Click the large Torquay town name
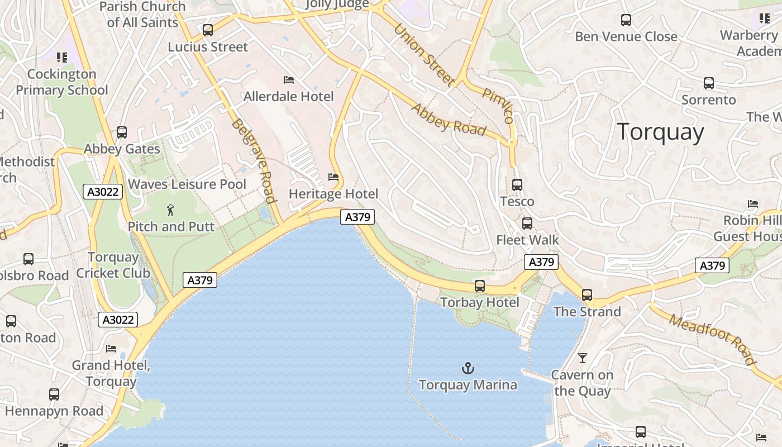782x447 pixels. pos(660,132)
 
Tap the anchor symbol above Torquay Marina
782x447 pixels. pos(468,368)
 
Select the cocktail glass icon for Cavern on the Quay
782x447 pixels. pos(583,358)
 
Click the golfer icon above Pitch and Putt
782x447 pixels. pos(171,211)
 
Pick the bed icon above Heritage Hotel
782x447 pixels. pos(333,178)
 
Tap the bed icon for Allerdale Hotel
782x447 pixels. pos(289,80)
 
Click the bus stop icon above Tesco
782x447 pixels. pos(517,185)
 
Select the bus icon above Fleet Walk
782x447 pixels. pos(527,223)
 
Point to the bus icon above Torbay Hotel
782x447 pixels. pos(480,286)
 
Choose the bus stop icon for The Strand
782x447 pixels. pos(587,295)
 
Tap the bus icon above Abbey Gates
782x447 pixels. pos(122,133)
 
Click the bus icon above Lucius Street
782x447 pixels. pos(208,30)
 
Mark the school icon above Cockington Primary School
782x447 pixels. pos(62,58)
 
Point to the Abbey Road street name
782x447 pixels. pos(449,119)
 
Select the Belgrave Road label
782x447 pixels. pos(255,160)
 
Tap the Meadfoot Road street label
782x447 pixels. pos(713,339)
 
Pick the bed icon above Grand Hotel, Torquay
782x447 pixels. pos(111,349)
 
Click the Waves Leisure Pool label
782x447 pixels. pos(187,184)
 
